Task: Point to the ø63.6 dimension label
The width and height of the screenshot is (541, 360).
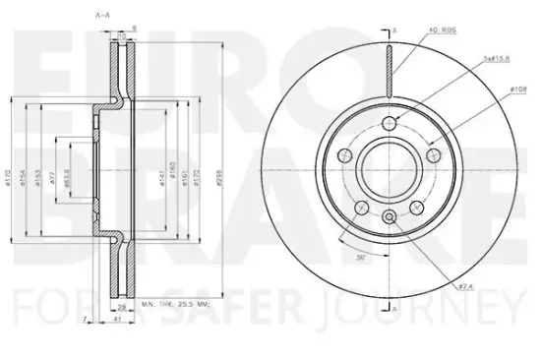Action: point(66,180)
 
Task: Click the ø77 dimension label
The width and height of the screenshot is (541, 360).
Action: point(52,180)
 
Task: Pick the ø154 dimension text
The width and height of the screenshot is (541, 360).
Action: point(23,180)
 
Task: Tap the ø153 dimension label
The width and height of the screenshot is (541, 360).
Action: point(37,180)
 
